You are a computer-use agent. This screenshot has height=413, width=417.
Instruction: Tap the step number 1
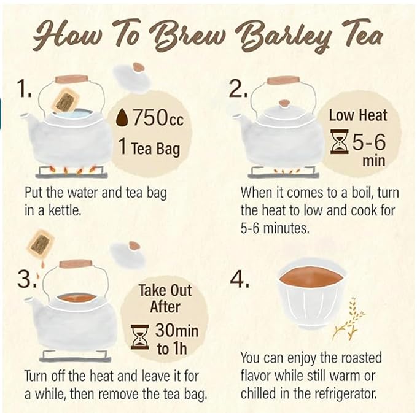[x=24, y=89]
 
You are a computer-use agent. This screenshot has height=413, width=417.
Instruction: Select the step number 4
[x=240, y=280]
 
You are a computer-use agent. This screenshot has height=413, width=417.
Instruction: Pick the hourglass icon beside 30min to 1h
[x=140, y=337]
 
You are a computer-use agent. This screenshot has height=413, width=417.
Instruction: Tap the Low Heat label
[x=358, y=115]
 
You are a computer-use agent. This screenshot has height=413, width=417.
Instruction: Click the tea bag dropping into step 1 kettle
[x=65, y=100]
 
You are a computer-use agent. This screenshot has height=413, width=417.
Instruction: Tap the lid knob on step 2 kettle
[x=284, y=103]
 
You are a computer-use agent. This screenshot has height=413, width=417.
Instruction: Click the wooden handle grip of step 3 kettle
[x=76, y=263]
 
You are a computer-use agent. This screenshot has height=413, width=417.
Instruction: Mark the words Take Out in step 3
[x=165, y=290]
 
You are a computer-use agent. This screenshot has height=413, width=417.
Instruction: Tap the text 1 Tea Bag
[x=149, y=148]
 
